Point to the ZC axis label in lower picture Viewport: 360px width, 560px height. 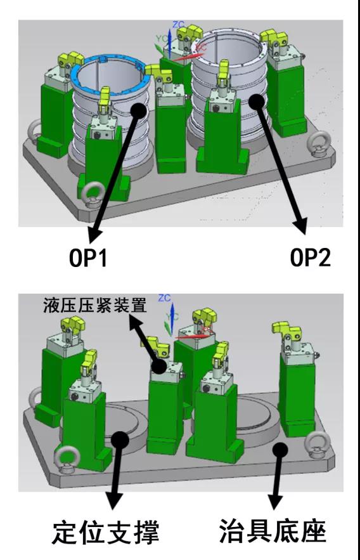tap(165, 297)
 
